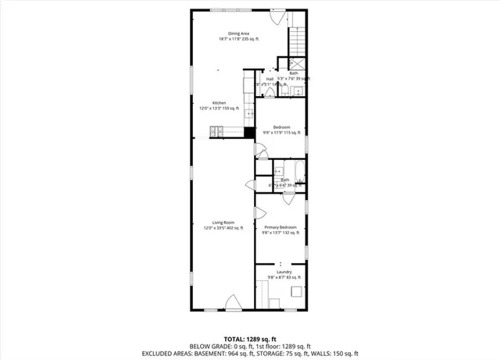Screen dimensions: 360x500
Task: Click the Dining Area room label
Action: pos(238,34)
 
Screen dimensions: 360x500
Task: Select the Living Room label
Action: pos(223,223)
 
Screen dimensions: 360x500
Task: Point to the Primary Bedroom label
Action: pos(279,226)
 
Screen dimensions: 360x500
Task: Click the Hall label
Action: pos(270,79)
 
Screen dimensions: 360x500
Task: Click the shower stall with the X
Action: pos(298,64)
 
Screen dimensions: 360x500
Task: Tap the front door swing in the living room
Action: pos(232,301)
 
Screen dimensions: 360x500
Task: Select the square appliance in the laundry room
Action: pos(298,292)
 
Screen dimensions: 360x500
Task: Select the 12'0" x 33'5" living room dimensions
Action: pos(223,228)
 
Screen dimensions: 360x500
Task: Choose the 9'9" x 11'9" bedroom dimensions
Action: pos(281,133)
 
